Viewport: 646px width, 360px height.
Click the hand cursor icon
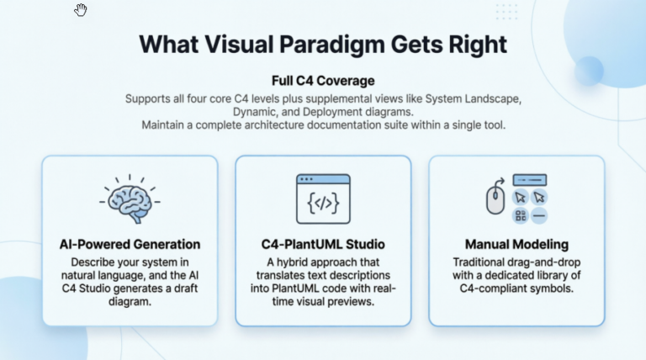pyautogui.click(x=81, y=10)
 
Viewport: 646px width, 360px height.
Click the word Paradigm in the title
pyautogui.click(x=332, y=45)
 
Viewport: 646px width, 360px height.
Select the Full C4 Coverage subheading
pyautogui.click(x=323, y=81)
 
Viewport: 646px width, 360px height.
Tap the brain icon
pyautogui.click(x=130, y=199)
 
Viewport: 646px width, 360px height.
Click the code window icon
pyautogui.click(x=323, y=199)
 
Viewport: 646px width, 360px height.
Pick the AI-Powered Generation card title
pyautogui.click(x=130, y=244)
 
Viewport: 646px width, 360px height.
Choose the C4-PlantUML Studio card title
pyautogui.click(x=323, y=244)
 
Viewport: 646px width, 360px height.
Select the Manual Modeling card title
pyautogui.click(x=516, y=244)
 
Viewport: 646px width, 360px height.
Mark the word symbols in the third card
pyautogui.click(x=553, y=289)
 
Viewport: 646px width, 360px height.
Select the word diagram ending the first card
pyautogui.click(x=130, y=301)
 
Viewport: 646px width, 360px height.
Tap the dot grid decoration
pyautogui.click(x=506, y=12)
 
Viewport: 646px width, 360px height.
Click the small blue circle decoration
pyautogui.click(x=589, y=71)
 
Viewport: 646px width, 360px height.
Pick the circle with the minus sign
pyautogui.click(x=539, y=215)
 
